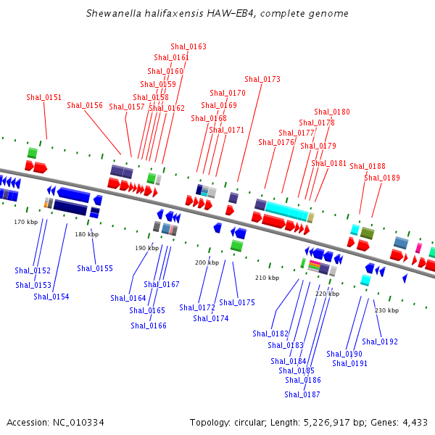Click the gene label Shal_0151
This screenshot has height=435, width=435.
[44, 97]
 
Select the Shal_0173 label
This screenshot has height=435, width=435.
[262, 79]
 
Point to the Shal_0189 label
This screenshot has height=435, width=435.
[382, 178]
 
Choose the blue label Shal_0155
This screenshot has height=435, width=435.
[95, 268]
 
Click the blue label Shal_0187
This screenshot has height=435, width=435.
[302, 394]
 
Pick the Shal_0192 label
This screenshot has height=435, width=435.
[380, 341]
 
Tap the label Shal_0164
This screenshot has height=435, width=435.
[128, 298]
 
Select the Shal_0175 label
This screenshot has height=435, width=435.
[237, 302]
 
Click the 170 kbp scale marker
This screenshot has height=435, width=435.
[25, 222]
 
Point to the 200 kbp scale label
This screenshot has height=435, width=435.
[207, 262]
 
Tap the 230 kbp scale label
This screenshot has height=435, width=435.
[386, 310]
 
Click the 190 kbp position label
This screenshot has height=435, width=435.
[146, 248]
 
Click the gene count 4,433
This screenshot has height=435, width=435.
[413, 422]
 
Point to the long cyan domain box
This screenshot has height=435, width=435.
[286, 212]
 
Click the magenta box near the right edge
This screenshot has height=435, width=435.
[418, 248]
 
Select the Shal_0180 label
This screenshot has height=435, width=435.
[332, 112]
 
